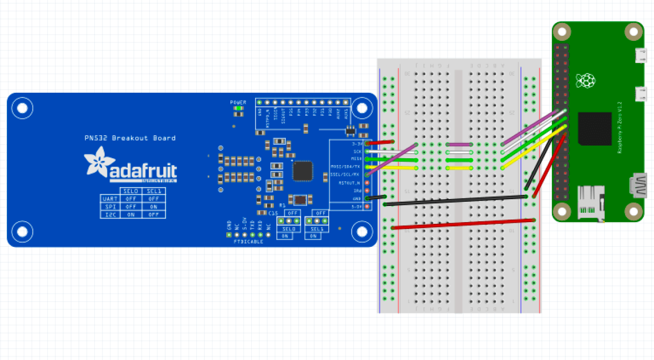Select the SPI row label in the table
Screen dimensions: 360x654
(x=110, y=206)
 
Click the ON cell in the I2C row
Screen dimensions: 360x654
(x=131, y=214)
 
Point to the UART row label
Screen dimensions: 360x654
(x=110, y=199)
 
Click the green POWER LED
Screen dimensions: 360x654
(x=238, y=109)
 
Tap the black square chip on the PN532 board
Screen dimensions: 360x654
(x=302, y=171)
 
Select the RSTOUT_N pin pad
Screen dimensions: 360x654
(x=367, y=183)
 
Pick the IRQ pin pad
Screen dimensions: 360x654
(x=367, y=191)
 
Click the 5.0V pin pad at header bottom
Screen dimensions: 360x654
(x=367, y=206)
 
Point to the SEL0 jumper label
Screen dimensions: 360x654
(x=289, y=229)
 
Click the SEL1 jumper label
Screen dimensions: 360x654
(x=317, y=229)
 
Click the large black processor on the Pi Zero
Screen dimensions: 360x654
(x=595, y=128)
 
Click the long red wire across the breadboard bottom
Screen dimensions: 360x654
(x=463, y=224)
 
